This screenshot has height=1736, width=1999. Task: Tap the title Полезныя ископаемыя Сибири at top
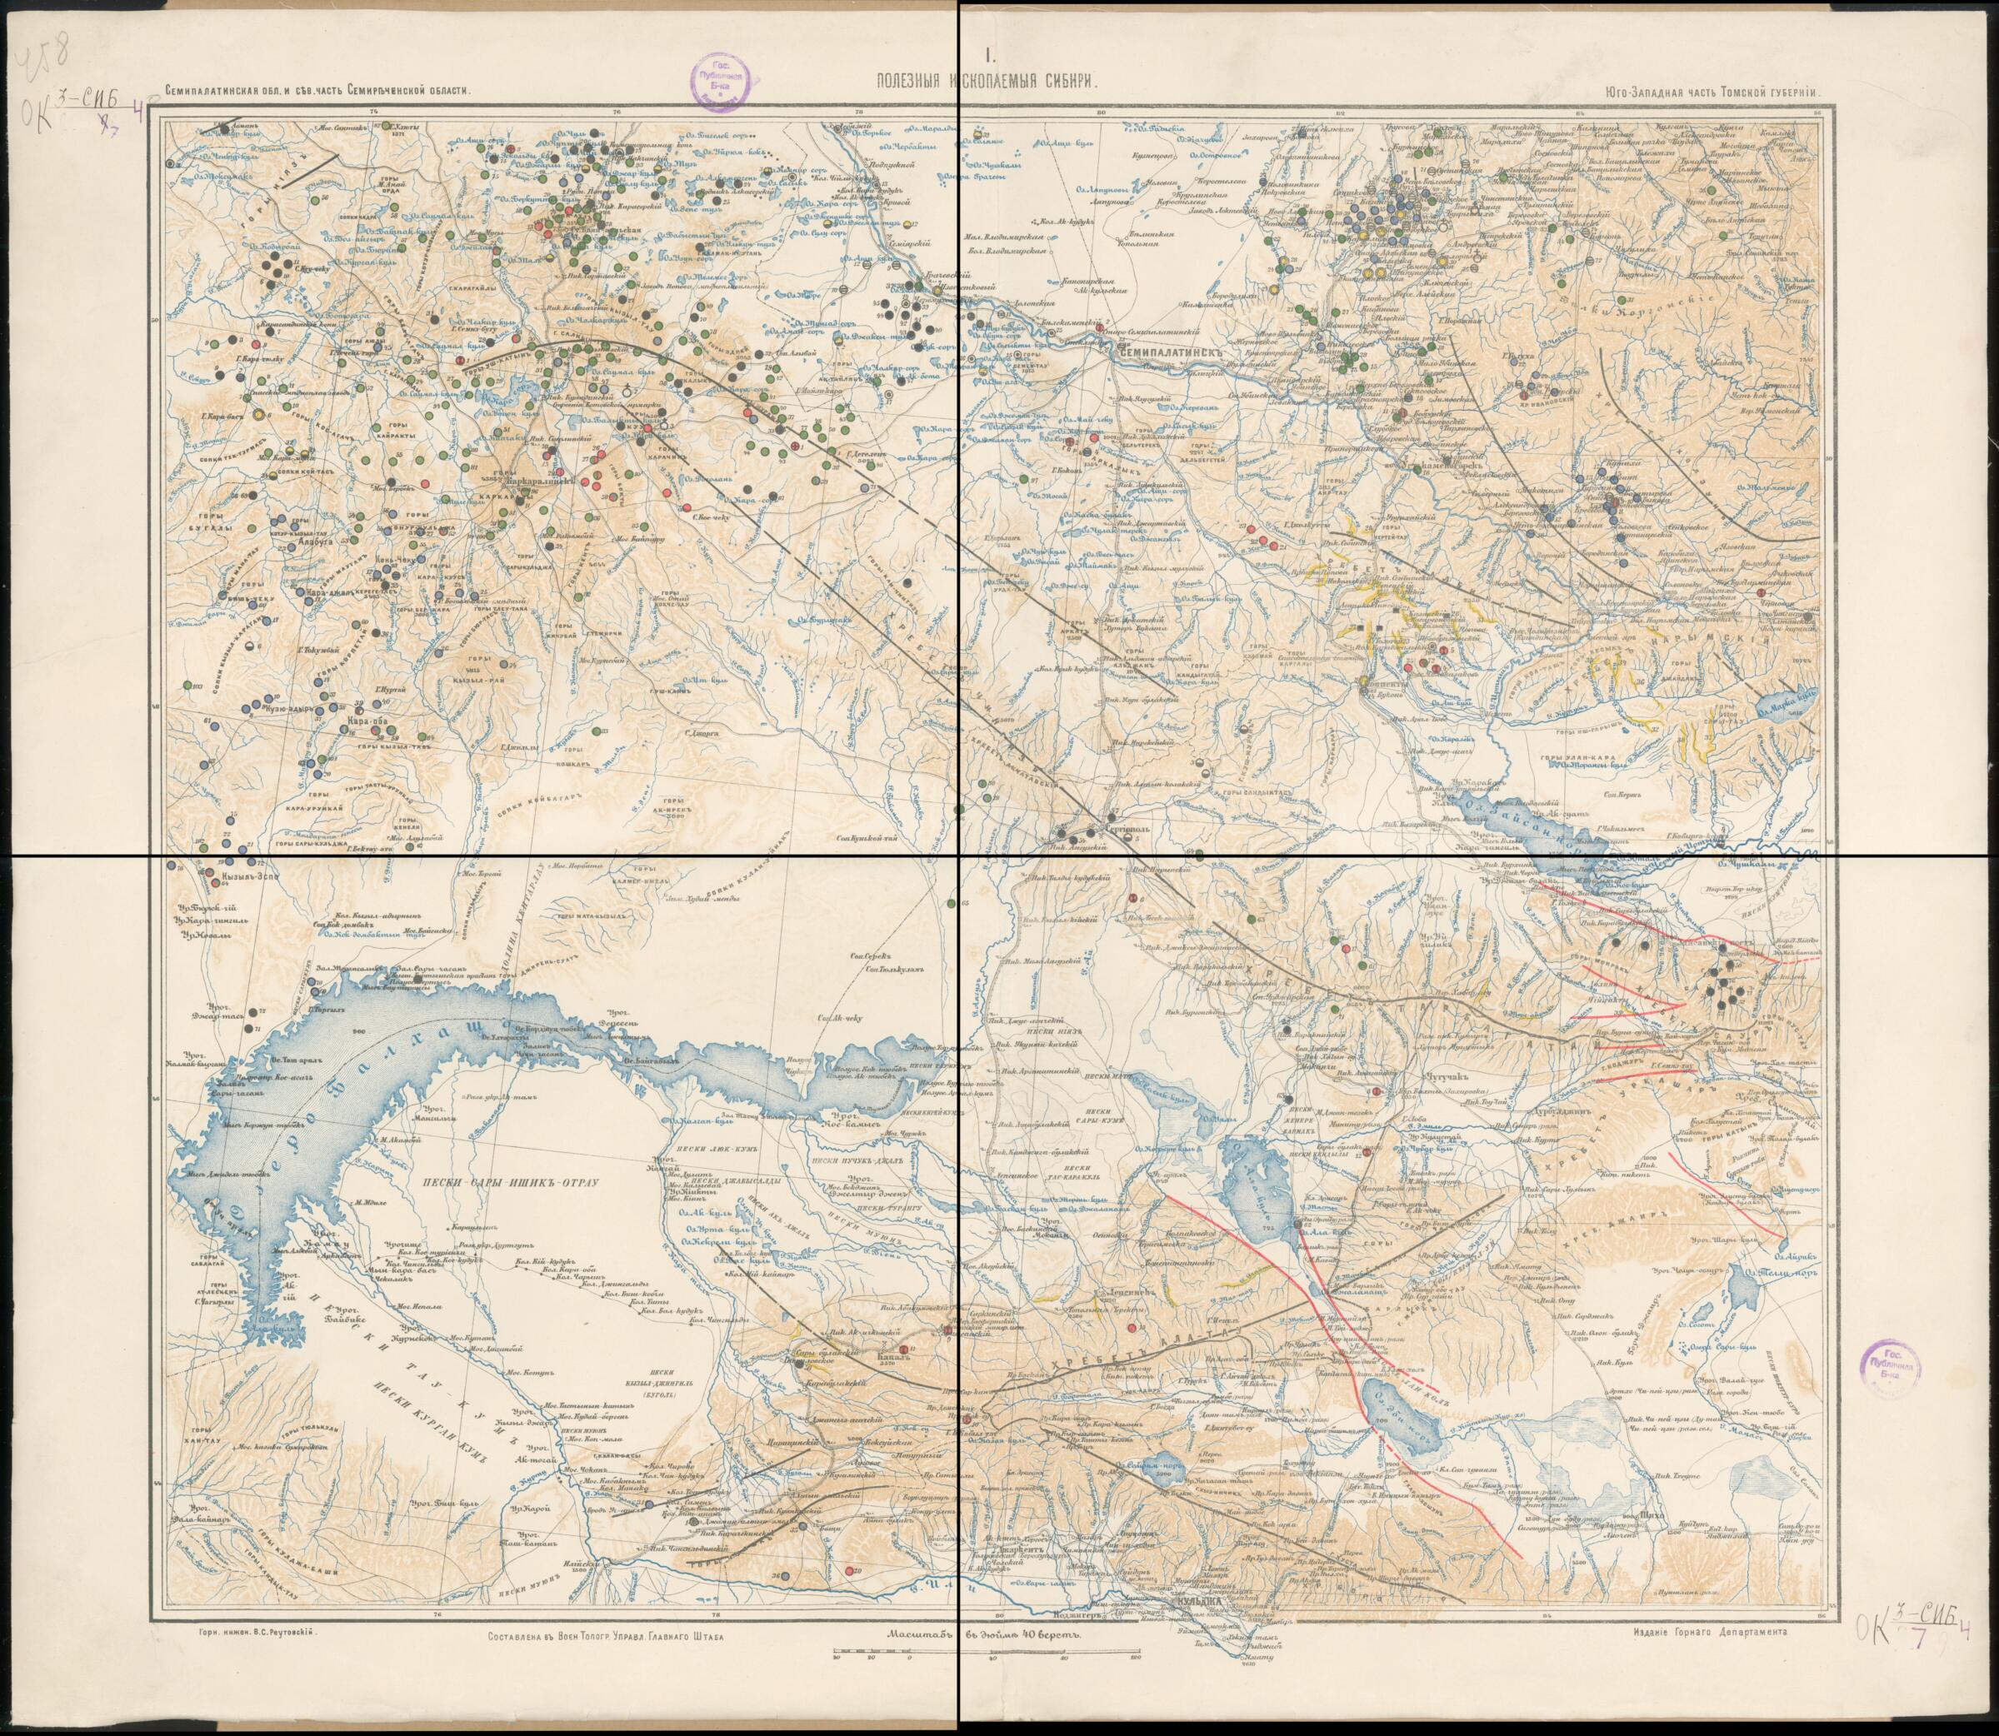987,85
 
